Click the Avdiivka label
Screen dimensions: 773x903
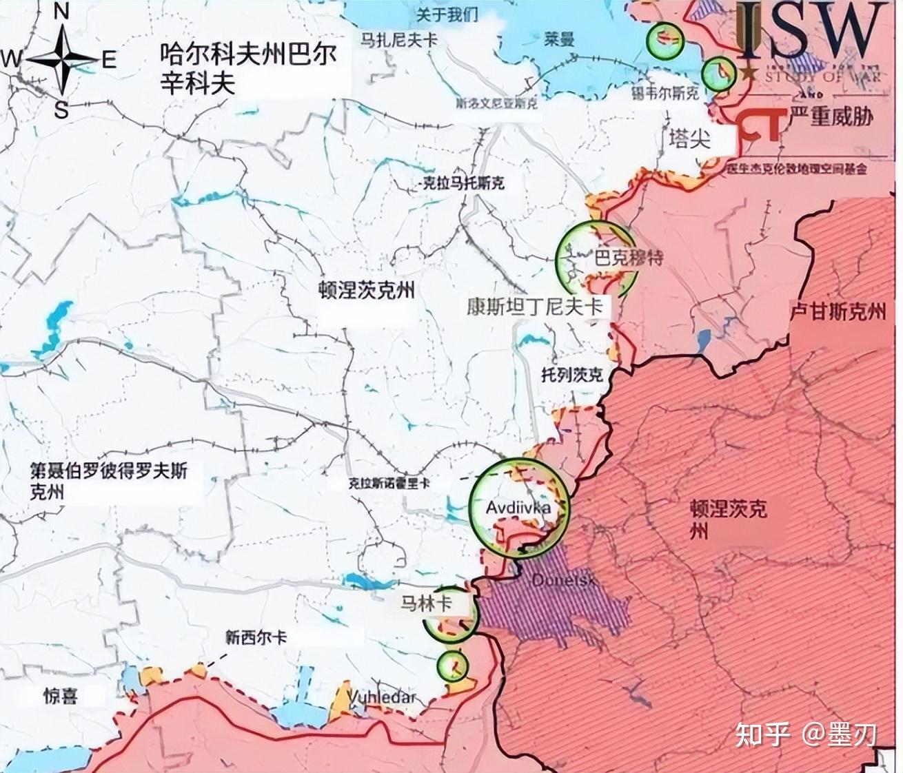(x=518, y=508)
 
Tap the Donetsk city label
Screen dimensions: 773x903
(x=563, y=580)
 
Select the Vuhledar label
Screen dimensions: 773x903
(x=382, y=697)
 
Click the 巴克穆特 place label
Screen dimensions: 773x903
(x=628, y=258)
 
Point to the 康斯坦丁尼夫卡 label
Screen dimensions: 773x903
(x=534, y=307)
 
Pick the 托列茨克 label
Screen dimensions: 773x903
(x=571, y=374)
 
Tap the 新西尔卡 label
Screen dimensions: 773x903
(x=256, y=637)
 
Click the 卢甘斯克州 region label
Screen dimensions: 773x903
(x=837, y=312)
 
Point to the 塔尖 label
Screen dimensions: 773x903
(x=689, y=138)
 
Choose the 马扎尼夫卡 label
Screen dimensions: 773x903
(x=399, y=39)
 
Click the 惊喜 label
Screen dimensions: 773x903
(x=60, y=696)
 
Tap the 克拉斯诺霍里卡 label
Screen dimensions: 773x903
(x=389, y=484)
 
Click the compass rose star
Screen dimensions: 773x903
(x=61, y=61)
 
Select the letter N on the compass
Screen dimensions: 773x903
(x=61, y=12)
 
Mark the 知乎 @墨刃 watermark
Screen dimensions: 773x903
(x=804, y=734)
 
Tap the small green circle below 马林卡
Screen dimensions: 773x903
(x=452, y=666)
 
